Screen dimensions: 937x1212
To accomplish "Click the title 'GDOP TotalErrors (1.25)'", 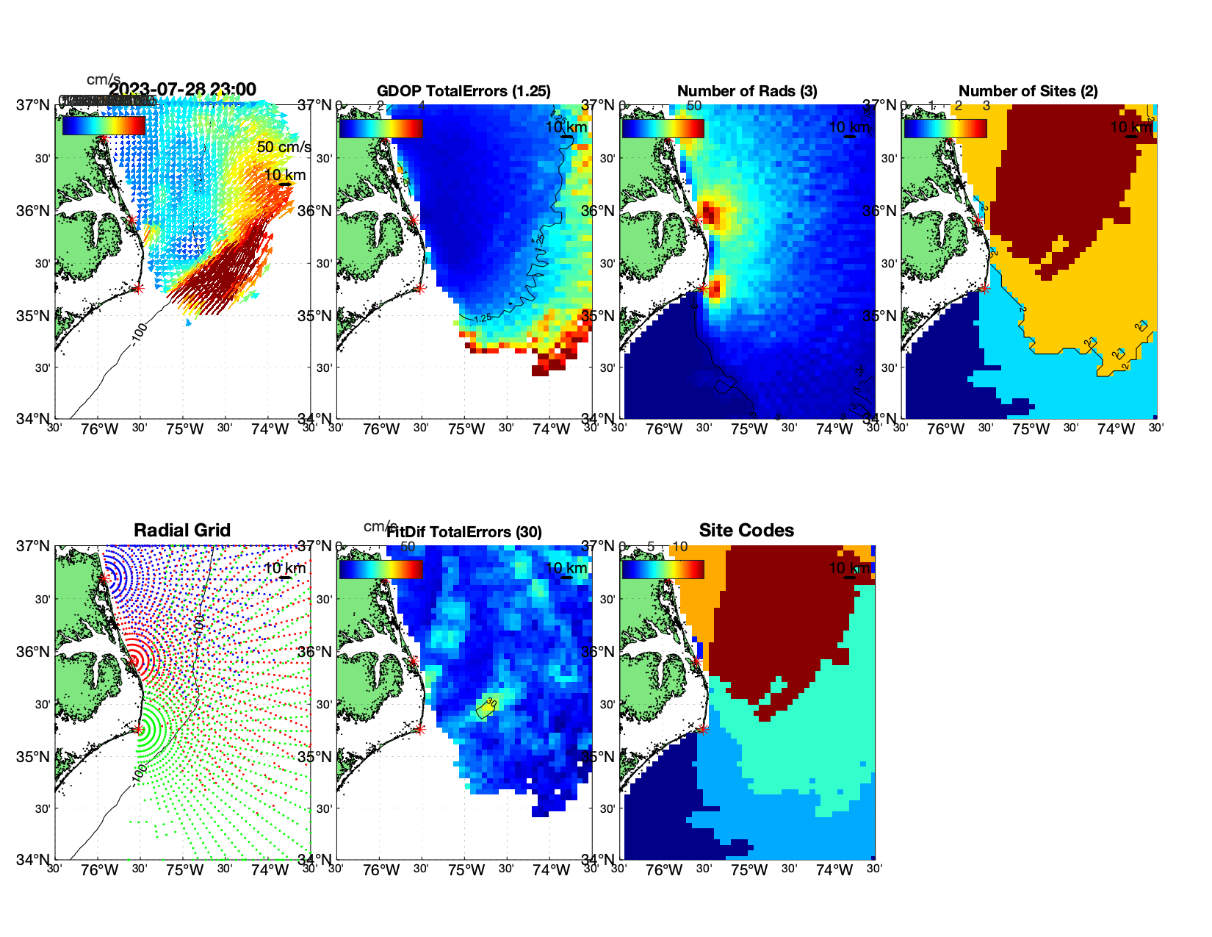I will (x=463, y=91).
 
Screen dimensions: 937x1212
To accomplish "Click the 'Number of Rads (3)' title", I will (x=747, y=91).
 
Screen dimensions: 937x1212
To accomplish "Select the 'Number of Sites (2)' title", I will (x=1028, y=91).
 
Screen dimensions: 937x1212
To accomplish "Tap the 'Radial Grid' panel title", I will (x=182, y=531).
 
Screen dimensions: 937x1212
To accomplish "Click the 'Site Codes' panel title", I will (x=746, y=531).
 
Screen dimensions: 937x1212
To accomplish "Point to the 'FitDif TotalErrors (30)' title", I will (x=464, y=532).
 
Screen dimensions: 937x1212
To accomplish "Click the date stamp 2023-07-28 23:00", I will (x=183, y=90).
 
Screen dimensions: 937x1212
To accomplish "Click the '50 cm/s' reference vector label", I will (x=284, y=147).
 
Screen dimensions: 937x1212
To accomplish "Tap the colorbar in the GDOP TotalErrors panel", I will (x=380, y=128).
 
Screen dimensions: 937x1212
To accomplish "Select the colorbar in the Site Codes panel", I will (x=663, y=570).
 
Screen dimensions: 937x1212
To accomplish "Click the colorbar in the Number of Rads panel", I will (x=663, y=128).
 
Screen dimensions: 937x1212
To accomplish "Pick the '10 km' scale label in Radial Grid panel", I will (x=284, y=568).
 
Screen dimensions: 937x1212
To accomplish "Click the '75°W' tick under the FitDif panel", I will (x=466, y=871).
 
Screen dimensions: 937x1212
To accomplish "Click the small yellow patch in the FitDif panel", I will (x=486, y=708).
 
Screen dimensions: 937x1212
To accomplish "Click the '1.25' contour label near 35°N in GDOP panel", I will (x=482, y=319).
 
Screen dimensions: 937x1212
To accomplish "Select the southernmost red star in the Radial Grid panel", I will (x=138, y=730).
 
